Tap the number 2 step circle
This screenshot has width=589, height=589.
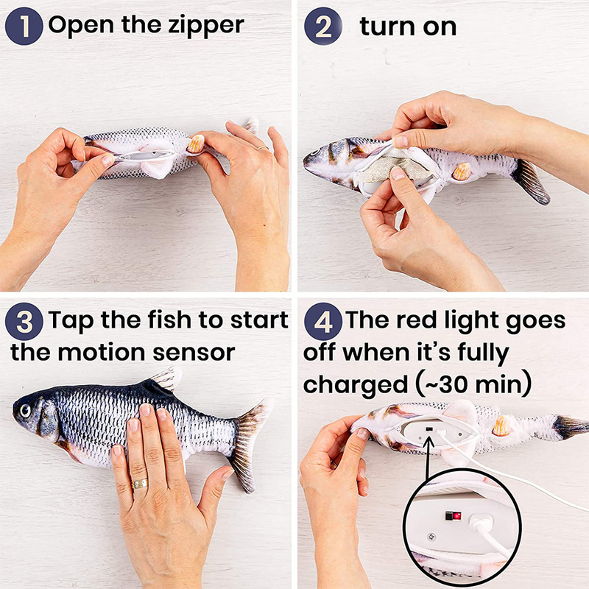point(323,27)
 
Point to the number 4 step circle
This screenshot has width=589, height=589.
point(322,322)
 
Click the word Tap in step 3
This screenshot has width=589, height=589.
point(74,321)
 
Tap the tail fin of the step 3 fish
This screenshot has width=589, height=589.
point(247,442)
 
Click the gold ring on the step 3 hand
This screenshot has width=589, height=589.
point(139,484)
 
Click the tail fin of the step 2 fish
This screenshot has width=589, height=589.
point(531,181)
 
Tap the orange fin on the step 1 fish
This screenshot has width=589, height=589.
point(196,143)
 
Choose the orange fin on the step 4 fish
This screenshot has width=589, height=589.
point(503,426)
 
